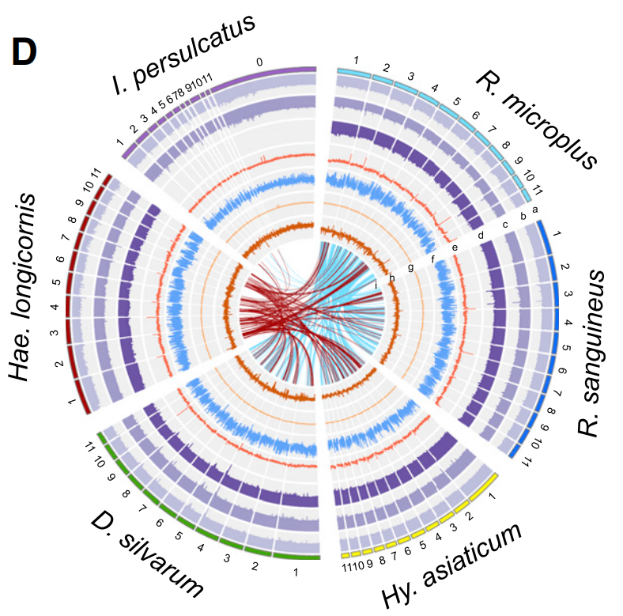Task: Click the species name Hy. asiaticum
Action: [x=452, y=566]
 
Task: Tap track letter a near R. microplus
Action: [x=535, y=210]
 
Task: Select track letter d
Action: [x=480, y=235]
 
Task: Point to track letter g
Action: [x=411, y=267]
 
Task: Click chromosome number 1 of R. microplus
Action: [x=356, y=60]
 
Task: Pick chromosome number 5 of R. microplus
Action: [x=457, y=102]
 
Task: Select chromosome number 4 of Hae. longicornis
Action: [x=54, y=307]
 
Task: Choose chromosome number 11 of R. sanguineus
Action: [x=523, y=462]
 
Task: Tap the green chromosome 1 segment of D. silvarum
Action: [x=296, y=556]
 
